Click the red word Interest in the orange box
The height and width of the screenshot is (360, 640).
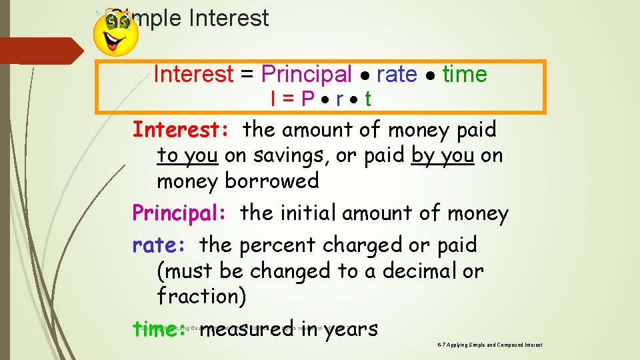tap(193, 74)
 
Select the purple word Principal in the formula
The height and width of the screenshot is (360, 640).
tap(307, 74)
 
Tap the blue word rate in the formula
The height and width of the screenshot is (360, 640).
tap(397, 74)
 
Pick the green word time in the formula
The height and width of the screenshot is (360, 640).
tap(465, 74)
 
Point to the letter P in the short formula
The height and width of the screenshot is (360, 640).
tap(307, 99)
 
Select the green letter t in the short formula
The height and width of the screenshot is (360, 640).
tap(368, 99)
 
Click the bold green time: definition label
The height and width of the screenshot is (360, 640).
tap(161, 329)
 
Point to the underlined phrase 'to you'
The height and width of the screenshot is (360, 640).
tap(187, 155)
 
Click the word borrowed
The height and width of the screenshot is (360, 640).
tap(272, 181)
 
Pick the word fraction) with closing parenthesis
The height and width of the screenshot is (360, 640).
tap(201, 296)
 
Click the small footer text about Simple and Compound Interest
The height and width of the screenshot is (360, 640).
tap(490, 345)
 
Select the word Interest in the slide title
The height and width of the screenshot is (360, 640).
tap(229, 18)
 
